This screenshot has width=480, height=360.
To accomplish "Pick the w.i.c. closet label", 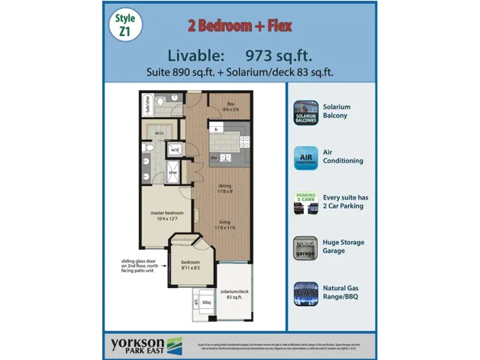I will [x=160, y=133].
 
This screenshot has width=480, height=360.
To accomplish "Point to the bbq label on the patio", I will [x=208, y=302].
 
